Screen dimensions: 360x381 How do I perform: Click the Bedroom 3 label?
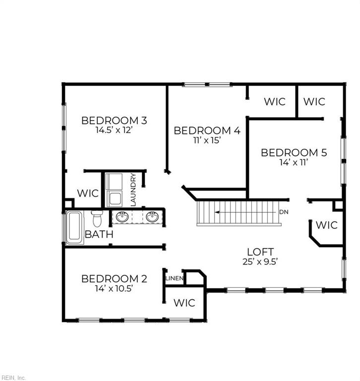114,121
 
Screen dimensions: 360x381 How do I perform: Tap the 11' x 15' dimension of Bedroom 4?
207,140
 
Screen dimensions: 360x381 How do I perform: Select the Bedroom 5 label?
294,153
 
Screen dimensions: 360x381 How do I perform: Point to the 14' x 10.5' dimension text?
114,288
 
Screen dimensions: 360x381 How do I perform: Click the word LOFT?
260,252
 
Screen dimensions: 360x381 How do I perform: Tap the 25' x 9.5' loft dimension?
260,262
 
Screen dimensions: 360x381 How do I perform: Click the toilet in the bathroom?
97,218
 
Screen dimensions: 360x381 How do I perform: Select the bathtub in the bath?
74,228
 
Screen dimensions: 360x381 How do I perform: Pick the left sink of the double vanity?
122,217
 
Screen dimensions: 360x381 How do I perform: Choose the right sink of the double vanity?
152,217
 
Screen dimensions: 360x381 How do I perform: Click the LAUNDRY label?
133,190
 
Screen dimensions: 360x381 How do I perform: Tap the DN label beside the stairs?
284,212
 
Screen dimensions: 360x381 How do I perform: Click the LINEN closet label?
175,278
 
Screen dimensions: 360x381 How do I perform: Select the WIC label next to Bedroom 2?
184,303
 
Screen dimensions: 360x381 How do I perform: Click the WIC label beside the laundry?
88,193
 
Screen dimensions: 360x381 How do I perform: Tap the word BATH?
99,234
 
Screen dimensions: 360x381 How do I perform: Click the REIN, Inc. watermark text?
12,378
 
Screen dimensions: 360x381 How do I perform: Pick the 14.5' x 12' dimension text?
114,130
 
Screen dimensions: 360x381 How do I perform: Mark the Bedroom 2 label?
114,279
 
